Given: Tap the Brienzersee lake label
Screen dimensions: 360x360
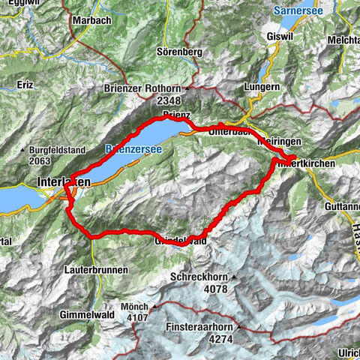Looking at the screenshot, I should (133, 149).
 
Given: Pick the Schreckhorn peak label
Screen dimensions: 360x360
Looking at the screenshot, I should (199, 276).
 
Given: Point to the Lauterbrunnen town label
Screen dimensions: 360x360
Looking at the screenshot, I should (95, 268).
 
